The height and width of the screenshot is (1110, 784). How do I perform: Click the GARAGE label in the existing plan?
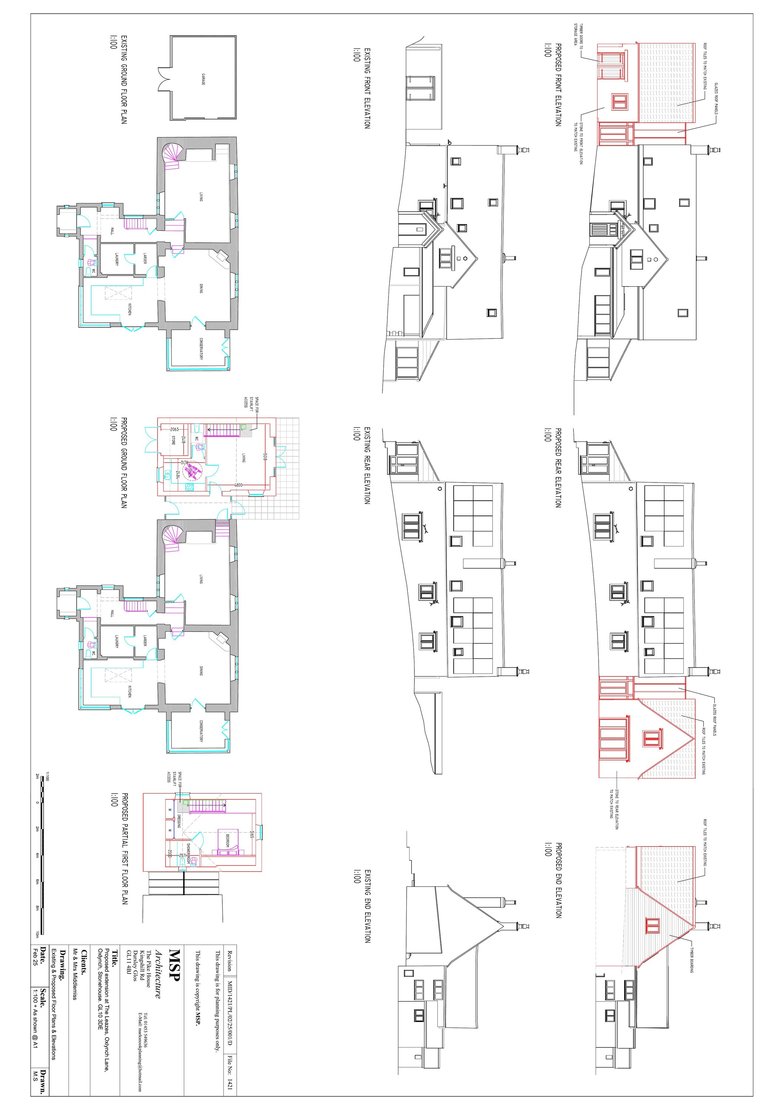(x=203, y=80)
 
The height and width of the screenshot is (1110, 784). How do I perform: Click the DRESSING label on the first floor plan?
(x=178, y=820)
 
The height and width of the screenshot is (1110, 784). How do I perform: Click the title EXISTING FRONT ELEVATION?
(x=367, y=88)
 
